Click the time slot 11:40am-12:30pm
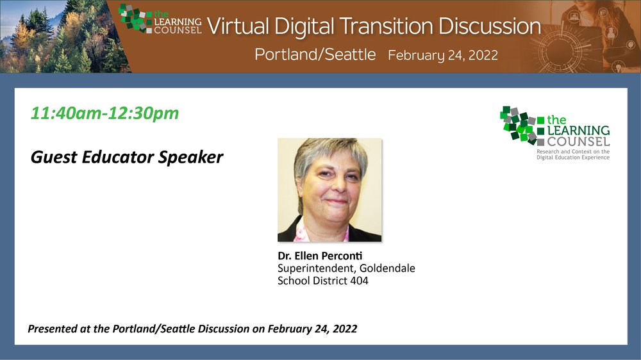104,113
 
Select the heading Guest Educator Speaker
127,158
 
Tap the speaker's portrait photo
329,190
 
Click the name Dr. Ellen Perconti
320,256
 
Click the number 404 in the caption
359,281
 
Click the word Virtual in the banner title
238,26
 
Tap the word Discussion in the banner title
490,26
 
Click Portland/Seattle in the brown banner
315,54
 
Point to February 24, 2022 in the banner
443,55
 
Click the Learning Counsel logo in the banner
160,19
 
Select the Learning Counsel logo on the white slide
554,133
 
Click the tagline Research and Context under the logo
572,154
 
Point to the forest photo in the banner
62,37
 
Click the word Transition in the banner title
386,26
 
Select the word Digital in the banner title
304,26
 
